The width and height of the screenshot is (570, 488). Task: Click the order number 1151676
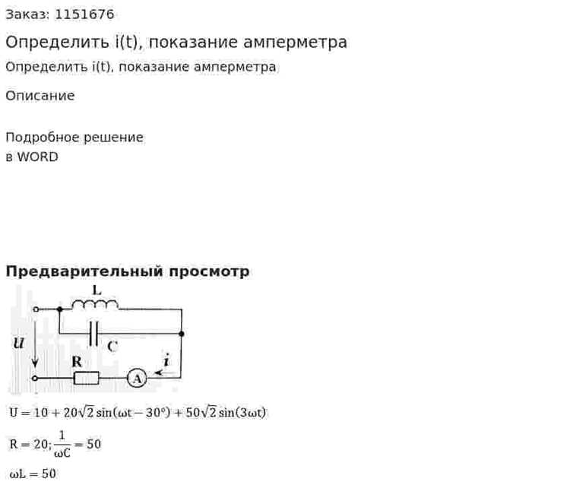tap(84, 14)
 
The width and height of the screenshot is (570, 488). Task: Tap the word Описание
tap(40, 96)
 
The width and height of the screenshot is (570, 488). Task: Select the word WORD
tap(38, 157)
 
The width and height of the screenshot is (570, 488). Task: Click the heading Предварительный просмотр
tap(128, 271)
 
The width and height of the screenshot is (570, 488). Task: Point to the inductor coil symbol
tap(95, 305)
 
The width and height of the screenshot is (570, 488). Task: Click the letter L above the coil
tap(97, 290)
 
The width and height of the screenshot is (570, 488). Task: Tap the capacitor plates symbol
tap(93, 333)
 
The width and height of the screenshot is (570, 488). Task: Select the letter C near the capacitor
tap(112, 346)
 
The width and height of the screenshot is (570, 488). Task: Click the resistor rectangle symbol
tap(86, 379)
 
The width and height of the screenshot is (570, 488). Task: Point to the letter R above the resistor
tap(77, 362)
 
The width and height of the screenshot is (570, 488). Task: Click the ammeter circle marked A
tap(137, 379)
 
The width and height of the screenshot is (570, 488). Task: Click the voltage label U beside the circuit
tap(19, 343)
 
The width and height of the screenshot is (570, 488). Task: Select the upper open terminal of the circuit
tap(36, 309)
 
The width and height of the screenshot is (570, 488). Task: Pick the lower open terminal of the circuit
tap(35, 379)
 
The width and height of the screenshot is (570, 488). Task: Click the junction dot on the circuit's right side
tap(182, 334)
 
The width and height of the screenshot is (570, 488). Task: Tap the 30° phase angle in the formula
tap(158, 412)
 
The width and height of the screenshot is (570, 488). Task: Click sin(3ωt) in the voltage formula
tap(242, 412)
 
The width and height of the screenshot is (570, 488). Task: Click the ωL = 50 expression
tap(33, 474)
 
